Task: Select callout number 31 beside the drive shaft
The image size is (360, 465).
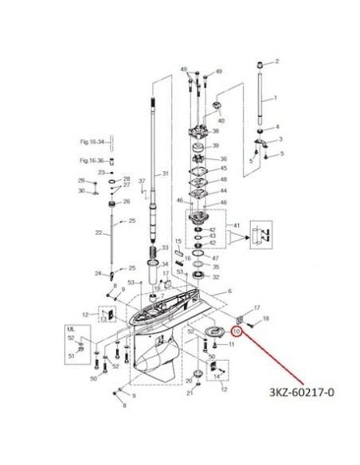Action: coord(166,174)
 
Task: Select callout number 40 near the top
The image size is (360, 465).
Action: coord(222,120)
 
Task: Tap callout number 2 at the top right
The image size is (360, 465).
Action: coord(277,61)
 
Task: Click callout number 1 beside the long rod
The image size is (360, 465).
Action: coord(276,98)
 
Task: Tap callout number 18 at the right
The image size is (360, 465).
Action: coord(265,318)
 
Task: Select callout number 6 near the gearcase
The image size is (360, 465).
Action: coord(229,292)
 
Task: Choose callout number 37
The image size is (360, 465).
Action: coord(142,182)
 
